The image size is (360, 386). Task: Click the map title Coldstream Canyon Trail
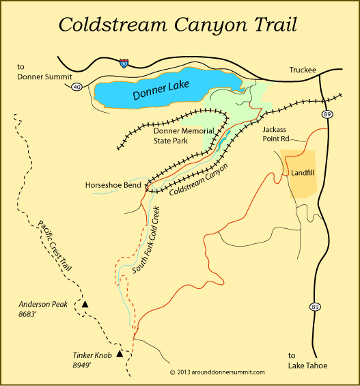coord(180,25)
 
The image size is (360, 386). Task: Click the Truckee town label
coord(296,70)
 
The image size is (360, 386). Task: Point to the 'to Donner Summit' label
coord(35,71)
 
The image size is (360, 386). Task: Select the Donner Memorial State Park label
coord(183,137)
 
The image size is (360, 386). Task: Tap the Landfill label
coord(303,173)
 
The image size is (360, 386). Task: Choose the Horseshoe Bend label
coord(113,185)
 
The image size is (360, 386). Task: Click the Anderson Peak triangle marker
coord(86,303)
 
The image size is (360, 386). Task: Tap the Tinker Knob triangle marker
coord(121,354)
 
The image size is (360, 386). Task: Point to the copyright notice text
coord(217,372)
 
